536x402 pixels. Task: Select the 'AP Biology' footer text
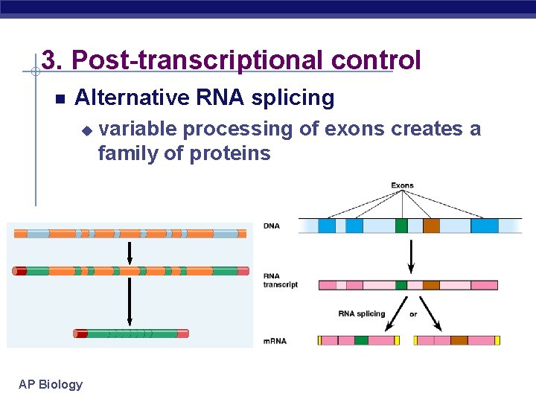tap(51, 384)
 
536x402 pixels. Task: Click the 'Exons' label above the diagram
tap(403, 185)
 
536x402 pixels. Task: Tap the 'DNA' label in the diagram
tap(272, 226)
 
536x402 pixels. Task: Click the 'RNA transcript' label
tap(280, 280)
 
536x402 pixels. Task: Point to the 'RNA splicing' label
tap(362, 313)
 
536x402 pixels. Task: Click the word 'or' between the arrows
tap(414, 313)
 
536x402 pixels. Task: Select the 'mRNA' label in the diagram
tap(275, 341)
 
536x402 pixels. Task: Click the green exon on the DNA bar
tap(402, 226)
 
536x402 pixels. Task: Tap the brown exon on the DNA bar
tap(432, 226)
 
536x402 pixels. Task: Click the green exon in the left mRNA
tap(361, 340)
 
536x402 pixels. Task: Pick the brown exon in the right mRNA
tap(459, 340)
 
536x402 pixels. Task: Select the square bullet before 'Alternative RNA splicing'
tap(60, 99)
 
